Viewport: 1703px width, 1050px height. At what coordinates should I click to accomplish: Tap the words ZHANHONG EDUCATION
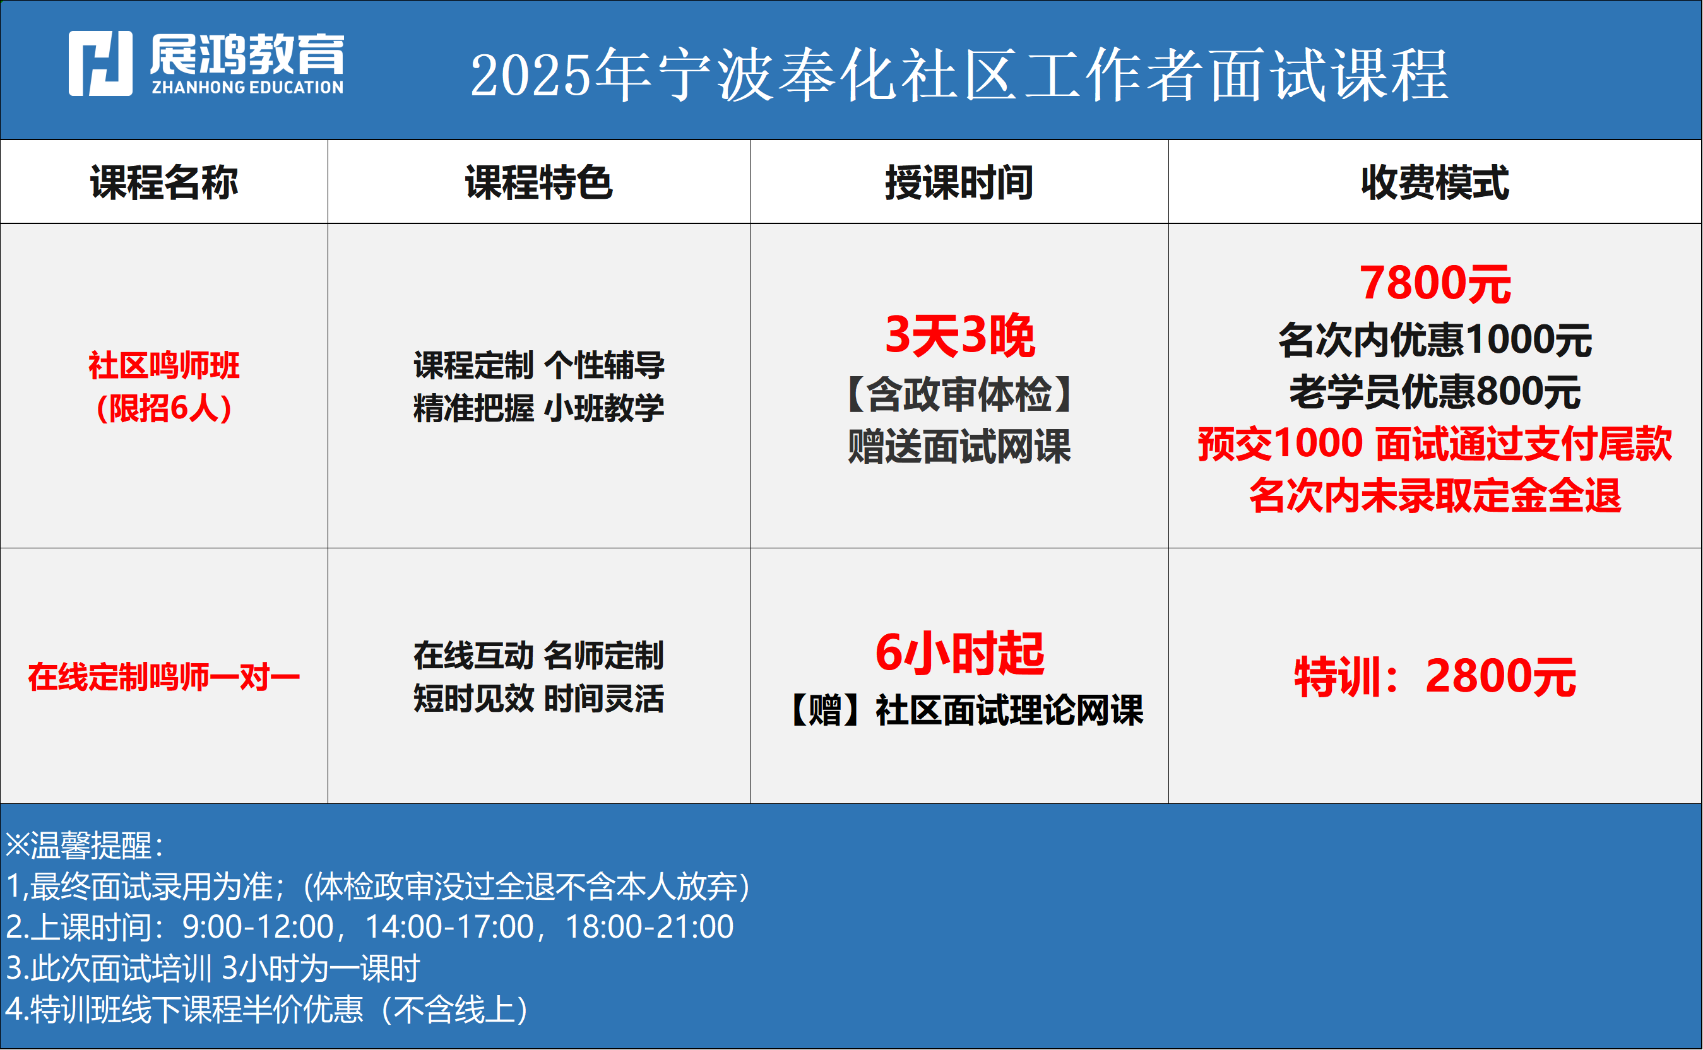[x=248, y=88]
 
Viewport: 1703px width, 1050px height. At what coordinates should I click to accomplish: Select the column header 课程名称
[x=164, y=182]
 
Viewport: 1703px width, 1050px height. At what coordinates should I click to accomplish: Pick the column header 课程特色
[x=539, y=182]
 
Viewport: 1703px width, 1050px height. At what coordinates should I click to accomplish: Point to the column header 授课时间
[x=959, y=182]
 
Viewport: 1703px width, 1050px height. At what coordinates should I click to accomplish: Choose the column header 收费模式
[x=1435, y=182]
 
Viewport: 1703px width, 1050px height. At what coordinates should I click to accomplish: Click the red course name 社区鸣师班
[x=164, y=365]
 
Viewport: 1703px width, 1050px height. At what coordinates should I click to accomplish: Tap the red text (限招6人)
[x=164, y=408]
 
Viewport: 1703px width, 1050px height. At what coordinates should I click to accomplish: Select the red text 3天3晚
[x=960, y=336]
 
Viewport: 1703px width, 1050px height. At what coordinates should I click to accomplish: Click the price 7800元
[x=1435, y=283]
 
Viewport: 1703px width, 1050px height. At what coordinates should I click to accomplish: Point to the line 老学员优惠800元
[x=1435, y=392]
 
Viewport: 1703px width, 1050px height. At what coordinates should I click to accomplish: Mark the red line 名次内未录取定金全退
[x=1435, y=496]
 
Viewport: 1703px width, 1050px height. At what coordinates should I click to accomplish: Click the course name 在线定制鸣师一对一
[x=164, y=677]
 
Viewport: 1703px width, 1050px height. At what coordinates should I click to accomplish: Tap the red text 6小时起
[x=960, y=654]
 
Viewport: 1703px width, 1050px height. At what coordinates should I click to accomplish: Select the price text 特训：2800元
[x=1435, y=677]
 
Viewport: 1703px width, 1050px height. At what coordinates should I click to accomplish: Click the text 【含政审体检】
[x=959, y=394]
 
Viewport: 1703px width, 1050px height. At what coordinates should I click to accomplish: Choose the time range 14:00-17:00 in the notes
[x=449, y=927]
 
